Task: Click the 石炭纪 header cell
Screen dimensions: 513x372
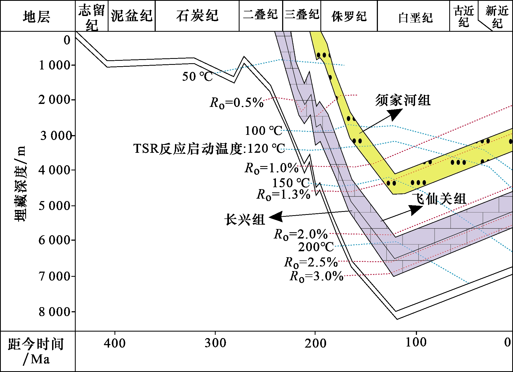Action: coord(197,16)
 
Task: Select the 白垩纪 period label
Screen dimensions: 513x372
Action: coord(415,18)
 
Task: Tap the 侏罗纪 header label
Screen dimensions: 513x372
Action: coord(349,16)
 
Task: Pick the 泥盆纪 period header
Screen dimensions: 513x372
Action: coord(132,16)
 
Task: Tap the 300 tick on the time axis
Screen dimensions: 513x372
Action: coord(215,343)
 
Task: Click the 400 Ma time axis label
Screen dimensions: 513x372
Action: coord(115,343)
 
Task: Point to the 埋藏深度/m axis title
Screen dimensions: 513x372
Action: coord(20,184)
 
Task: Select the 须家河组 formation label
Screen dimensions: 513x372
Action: coord(403,100)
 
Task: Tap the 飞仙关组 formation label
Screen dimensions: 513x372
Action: coord(439,199)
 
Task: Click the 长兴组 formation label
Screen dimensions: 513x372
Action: coord(245,219)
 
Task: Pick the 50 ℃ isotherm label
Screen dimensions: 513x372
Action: coord(197,76)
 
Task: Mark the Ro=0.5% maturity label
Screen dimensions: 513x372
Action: coord(237,103)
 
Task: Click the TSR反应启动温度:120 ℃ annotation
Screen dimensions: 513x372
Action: coord(209,149)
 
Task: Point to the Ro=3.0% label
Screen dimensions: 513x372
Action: coord(317,276)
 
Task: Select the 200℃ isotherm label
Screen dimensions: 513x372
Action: coord(316,247)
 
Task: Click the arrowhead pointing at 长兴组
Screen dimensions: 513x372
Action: coord(275,217)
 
